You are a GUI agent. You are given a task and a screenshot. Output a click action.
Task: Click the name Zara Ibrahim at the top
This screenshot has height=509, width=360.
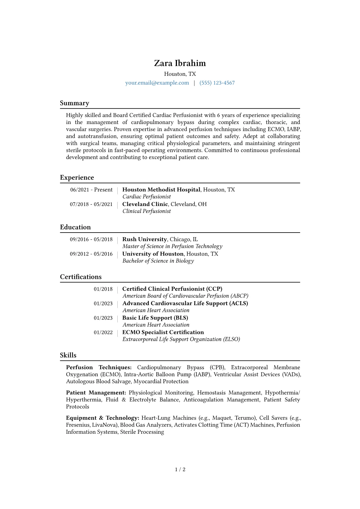tap(180, 63)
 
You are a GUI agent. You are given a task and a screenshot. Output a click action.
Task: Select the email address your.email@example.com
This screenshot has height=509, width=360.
tap(157, 83)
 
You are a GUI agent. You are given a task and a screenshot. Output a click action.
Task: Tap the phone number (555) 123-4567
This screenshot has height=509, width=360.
tap(217, 83)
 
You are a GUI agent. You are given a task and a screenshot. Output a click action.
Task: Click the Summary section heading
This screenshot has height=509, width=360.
tap(74, 103)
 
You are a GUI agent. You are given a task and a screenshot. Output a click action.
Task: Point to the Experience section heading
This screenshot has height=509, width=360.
tap(77, 178)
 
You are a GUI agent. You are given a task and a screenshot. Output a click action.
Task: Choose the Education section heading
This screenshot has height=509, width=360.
tap(75, 227)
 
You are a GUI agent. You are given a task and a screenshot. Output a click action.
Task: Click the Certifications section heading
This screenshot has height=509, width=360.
tap(81, 277)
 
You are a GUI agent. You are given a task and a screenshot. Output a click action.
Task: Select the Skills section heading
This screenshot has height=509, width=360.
tap(68, 355)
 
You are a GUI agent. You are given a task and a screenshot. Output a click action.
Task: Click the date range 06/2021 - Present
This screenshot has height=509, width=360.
tap(91, 190)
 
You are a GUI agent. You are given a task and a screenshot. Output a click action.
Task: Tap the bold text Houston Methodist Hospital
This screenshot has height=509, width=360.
tap(161, 190)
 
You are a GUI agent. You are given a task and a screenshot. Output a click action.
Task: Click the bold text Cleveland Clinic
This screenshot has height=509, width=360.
tap(145, 204)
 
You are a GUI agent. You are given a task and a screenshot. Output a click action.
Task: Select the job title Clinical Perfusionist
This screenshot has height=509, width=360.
tap(146, 211)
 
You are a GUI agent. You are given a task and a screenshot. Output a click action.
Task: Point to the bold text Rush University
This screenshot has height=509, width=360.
tap(145, 239)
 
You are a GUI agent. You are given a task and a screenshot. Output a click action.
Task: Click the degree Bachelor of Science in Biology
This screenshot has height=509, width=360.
tap(158, 261)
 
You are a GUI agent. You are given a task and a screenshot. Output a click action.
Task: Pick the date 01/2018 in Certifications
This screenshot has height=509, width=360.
tap(103, 289)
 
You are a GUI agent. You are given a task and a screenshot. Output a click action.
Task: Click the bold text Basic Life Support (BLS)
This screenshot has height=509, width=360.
tap(155, 318)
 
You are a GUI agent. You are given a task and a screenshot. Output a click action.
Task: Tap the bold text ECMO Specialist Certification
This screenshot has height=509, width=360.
tap(163, 332)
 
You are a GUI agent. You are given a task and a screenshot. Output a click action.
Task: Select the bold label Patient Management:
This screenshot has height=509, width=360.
tap(96, 393)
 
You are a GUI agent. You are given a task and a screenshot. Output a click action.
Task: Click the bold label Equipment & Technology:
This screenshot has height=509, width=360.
tap(103, 418)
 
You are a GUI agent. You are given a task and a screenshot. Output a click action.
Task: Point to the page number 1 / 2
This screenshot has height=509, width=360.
tap(180, 469)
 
